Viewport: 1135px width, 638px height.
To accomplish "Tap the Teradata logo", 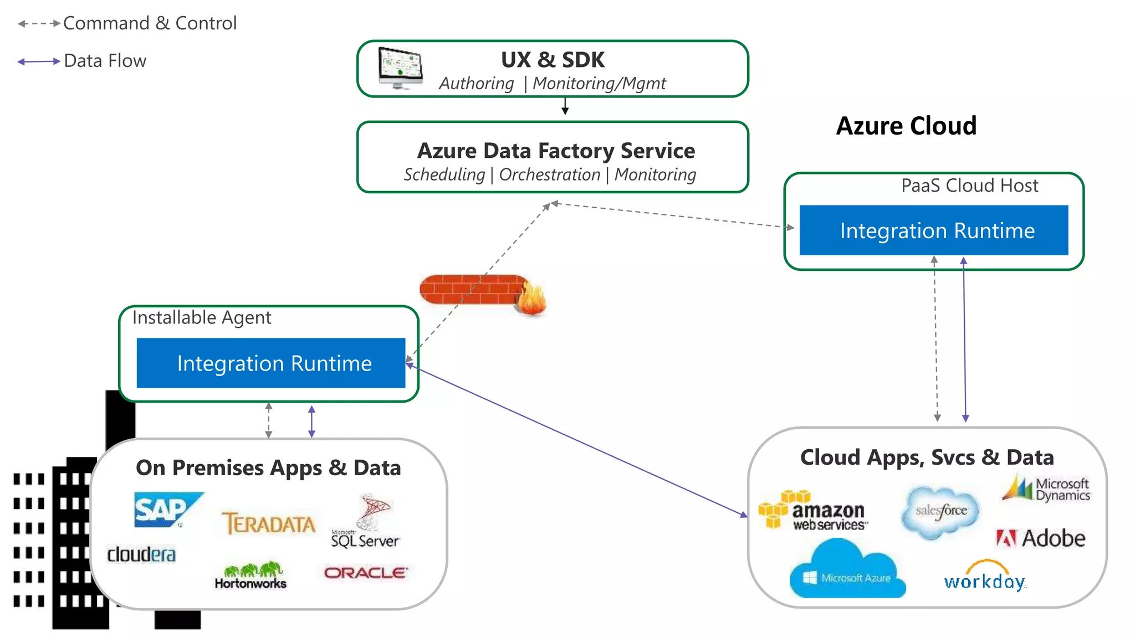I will coord(268,523).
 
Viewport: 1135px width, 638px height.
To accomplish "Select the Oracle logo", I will coord(366,573).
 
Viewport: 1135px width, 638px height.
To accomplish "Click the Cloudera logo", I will coord(141,554).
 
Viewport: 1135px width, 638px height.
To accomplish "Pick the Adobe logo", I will coord(1041,538).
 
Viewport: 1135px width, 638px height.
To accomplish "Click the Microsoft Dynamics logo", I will coord(1046,489).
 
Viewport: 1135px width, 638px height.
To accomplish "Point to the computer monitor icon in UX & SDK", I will coord(401,68).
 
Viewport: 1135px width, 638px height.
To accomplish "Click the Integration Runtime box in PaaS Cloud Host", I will coord(934,230).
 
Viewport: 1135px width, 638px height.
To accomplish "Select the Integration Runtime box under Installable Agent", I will coord(271,363).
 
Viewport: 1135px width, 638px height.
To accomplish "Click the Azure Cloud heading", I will coord(906,126).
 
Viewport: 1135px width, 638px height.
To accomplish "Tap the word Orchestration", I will coord(549,174).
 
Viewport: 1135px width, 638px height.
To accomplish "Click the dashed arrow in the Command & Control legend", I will coord(39,24).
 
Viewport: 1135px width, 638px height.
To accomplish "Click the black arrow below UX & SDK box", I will coord(565,106).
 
